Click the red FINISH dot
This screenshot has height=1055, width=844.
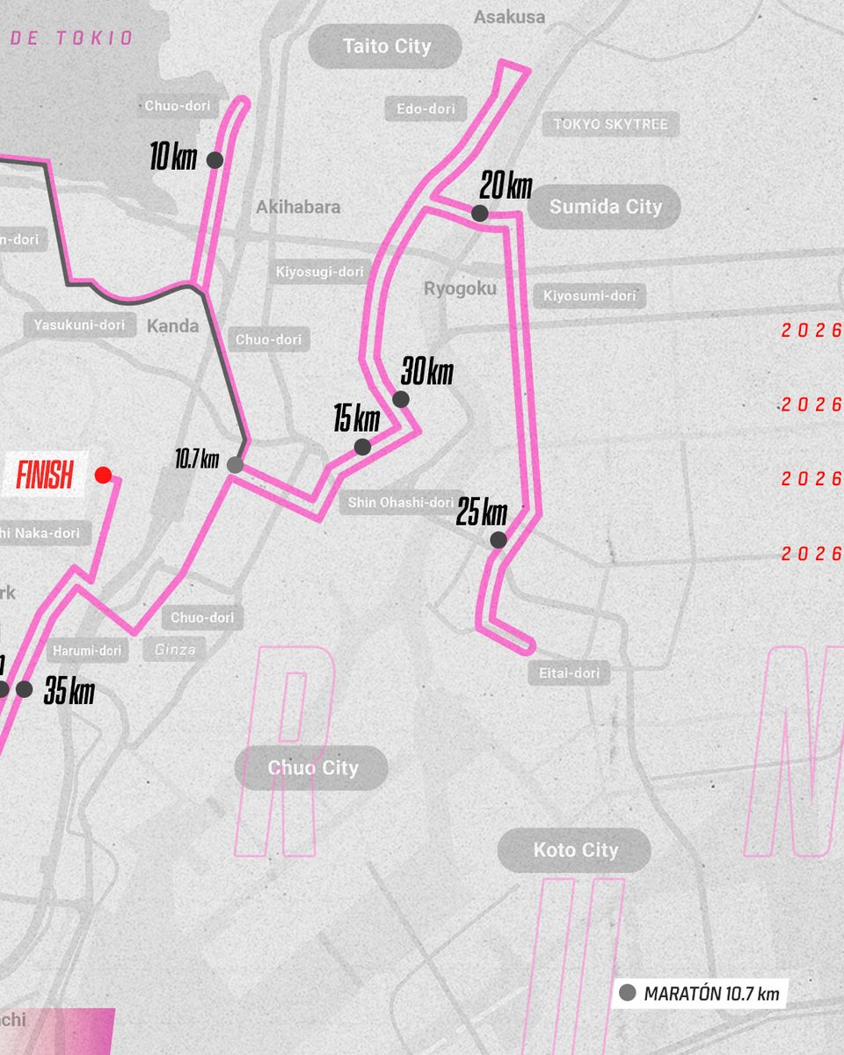tap(103, 476)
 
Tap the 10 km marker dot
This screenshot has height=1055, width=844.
tap(214, 160)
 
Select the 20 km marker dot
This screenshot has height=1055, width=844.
tap(479, 213)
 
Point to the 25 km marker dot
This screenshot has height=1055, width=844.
tap(498, 540)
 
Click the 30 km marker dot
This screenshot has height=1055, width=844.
tap(401, 399)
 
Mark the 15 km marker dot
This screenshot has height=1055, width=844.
tap(362, 447)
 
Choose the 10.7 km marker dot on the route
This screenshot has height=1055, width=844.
tap(235, 465)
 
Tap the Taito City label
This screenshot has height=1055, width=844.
tap(385, 47)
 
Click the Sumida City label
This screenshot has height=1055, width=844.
tap(605, 207)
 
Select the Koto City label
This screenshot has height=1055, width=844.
tap(575, 850)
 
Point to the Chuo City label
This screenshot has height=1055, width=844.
tap(312, 768)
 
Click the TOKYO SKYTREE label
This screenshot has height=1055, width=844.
tap(610, 124)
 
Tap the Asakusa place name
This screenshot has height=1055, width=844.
tap(509, 17)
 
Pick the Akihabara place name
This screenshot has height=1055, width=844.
tap(298, 207)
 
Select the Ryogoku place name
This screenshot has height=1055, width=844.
tap(460, 288)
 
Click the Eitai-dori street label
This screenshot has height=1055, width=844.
tap(568, 673)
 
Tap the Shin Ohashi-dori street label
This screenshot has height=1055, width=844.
tap(400, 502)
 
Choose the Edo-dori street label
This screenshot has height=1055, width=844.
tap(426, 109)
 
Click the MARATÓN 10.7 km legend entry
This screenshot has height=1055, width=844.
tap(700, 993)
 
